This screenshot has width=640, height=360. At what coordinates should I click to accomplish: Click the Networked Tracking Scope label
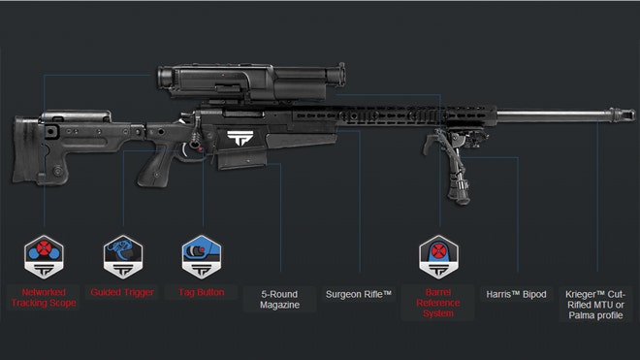click(x=43, y=297)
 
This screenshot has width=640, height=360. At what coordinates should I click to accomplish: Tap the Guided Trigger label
click(x=121, y=291)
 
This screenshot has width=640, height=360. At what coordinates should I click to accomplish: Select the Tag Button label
click(x=202, y=291)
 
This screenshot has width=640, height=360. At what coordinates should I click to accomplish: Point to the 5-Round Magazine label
click(x=279, y=299)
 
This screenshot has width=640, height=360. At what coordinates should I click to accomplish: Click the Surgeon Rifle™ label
click(x=359, y=293)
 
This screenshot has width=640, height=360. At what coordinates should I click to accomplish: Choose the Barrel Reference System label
click(x=437, y=302)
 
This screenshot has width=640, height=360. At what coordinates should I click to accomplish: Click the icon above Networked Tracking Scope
click(x=44, y=256)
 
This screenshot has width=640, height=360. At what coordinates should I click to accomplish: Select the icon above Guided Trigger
click(x=122, y=256)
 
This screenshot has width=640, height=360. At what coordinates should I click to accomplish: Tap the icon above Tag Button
click(x=201, y=256)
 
